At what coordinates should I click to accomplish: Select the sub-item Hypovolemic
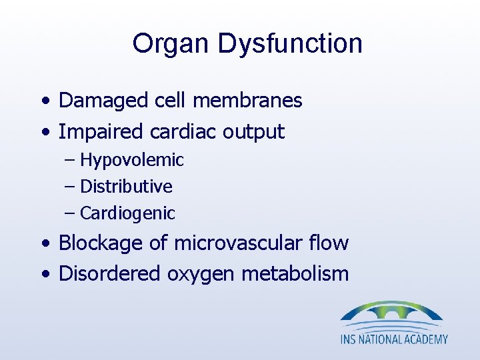pyautogui.click(x=131, y=160)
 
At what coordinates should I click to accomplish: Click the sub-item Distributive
pyautogui.click(x=126, y=187)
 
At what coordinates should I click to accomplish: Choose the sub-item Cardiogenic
pyautogui.click(x=127, y=213)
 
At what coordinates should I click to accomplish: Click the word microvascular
pyautogui.click(x=240, y=243)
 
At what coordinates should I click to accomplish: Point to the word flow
pyautogui.click(x=330, y=243)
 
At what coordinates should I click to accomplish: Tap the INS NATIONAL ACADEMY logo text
pyautogui.click(x=394, y=339)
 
